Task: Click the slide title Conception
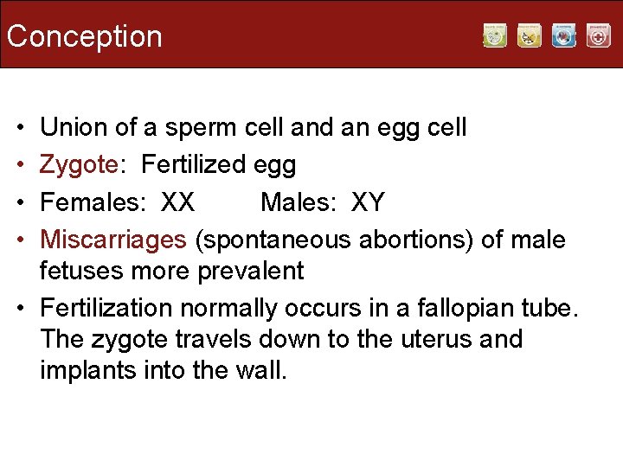(84, 36)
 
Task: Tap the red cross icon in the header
(598, 35)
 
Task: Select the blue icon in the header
(563, 35)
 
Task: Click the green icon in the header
(494, 35)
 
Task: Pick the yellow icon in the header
(529, 35)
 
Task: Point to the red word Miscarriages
(113, 239)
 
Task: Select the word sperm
(196, 129)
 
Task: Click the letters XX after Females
(178, 202)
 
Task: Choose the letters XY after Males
(368, 202)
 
